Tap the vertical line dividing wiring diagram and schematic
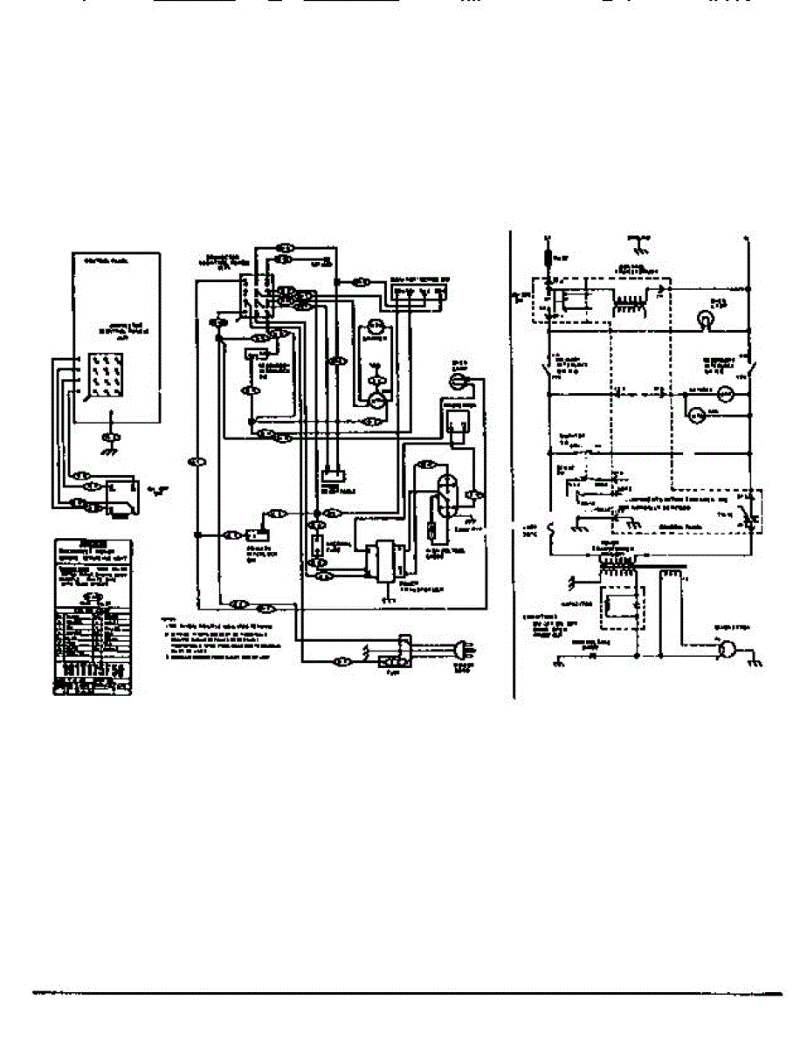point(513,463)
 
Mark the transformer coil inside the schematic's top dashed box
point(624,300)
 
